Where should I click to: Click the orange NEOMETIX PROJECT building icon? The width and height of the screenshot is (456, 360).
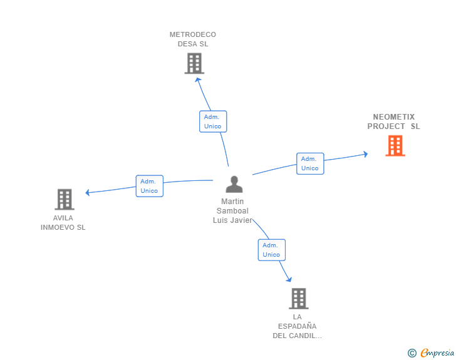pos(395,146)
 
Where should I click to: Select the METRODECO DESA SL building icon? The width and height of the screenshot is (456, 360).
pos(194,63)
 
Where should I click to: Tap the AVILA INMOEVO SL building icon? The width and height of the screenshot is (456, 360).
pos(65,200)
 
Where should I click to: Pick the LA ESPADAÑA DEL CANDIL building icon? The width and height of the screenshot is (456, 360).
pos(299,299)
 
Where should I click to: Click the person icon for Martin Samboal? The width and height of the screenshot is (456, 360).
pos(234,184)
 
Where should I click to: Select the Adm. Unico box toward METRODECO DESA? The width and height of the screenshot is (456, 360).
pos(213,121)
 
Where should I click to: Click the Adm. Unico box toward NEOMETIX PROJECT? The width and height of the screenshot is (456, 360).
pos(310,163)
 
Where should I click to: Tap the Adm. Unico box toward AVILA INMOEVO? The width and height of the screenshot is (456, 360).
pos(150,186)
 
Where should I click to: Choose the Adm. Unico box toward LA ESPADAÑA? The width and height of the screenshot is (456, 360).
pos(272,250)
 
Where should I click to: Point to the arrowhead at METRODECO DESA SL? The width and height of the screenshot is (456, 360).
pos(198,79)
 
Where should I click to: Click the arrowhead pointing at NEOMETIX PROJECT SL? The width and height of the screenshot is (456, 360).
pos(366,154)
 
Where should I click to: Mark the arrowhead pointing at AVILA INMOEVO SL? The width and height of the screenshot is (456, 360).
pos(87,192)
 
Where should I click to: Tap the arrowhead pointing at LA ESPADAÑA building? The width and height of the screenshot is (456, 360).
pos(289,280)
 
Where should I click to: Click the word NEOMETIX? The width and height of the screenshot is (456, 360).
pos(394,117)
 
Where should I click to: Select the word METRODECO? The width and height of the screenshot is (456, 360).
pos(193,34)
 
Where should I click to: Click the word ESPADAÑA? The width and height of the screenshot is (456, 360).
pos(297,326)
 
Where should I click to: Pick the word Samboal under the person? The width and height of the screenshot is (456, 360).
pos(232,211)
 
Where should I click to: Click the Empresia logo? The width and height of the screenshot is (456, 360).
pos(437,353)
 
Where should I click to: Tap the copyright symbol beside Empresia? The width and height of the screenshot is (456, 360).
pos(412,353)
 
